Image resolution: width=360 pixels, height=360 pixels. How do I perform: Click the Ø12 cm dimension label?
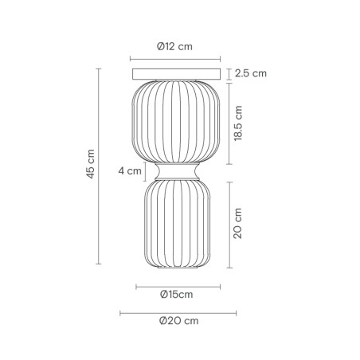pos(175,45)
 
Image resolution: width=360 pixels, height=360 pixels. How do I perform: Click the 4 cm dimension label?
pos(130,170)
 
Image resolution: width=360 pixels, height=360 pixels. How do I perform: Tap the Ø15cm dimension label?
pos(176,295)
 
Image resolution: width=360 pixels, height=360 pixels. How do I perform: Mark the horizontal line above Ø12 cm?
pos(175,57)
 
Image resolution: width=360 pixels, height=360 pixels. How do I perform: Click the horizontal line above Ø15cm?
pos(176,285)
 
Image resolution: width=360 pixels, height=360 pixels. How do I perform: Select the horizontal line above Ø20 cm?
pos(178,311)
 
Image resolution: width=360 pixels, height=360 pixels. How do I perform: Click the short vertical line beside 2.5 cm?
pos(229,74)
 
